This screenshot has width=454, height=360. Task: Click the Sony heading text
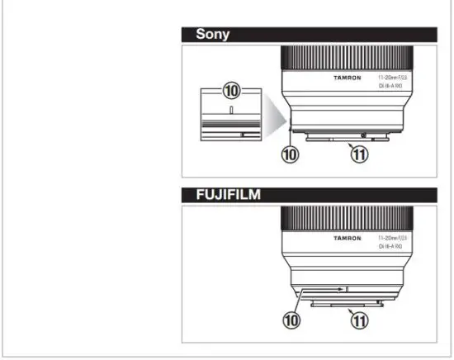[212, 35]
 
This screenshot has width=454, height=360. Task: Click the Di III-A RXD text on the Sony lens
[391, 84]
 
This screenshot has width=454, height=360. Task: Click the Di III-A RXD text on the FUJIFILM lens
[391, 245]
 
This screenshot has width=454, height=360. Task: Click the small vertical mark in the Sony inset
[232, 107]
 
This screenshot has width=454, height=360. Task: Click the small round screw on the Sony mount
[364, 133]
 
